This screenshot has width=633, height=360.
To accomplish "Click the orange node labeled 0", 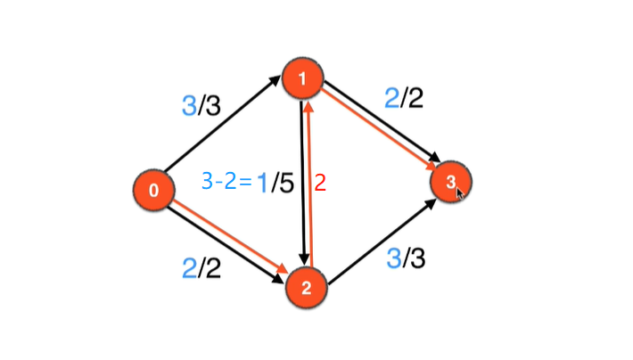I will pos(153,189).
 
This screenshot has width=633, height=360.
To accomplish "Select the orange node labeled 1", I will pos(303,80).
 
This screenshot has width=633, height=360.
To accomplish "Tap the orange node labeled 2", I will pos(306,286).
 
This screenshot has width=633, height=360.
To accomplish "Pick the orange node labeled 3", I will pos(451,183).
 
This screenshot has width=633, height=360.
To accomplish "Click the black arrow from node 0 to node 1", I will pos(227,134).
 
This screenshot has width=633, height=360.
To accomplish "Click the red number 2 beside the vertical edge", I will pos(321,184).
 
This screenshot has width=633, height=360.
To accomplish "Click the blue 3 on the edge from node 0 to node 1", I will pos(190,107).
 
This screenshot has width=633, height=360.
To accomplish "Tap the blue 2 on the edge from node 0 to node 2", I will pos(189,268).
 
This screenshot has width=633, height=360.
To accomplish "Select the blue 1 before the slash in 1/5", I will pos(263,184).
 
